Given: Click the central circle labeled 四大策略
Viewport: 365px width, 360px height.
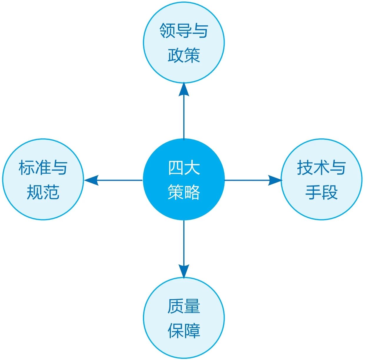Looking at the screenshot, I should click(184, 179).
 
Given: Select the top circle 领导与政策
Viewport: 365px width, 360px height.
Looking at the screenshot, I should click(184, 42).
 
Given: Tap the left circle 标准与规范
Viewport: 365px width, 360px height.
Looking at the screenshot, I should click(43, 179).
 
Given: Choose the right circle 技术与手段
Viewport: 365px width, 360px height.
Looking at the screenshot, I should click(321, 179).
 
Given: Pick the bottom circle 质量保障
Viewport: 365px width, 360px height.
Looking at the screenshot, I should click(184, 318).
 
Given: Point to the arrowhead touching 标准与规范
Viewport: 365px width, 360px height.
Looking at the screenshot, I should click(91, 180).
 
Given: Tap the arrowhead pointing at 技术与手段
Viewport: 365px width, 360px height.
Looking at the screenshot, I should click(275, 180).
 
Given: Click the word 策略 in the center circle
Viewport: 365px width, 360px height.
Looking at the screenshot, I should click(184, 192).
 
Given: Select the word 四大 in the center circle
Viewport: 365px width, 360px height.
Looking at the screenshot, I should click(184, 168).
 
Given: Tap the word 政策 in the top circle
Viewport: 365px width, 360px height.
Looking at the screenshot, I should click(184, 55).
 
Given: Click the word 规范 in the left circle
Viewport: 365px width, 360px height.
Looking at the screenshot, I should click(43, 192).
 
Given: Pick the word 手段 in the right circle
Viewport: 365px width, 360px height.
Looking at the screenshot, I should click(321, 192).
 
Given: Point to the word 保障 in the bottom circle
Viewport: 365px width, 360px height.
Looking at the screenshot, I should click(184, 331).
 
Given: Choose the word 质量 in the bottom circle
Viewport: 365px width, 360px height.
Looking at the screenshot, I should click(184, 306).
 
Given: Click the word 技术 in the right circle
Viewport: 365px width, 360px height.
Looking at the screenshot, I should click(313, 168).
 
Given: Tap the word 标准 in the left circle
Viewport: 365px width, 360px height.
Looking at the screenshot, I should click(35, 168).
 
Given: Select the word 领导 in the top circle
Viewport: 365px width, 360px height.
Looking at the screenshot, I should click(176, 31).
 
